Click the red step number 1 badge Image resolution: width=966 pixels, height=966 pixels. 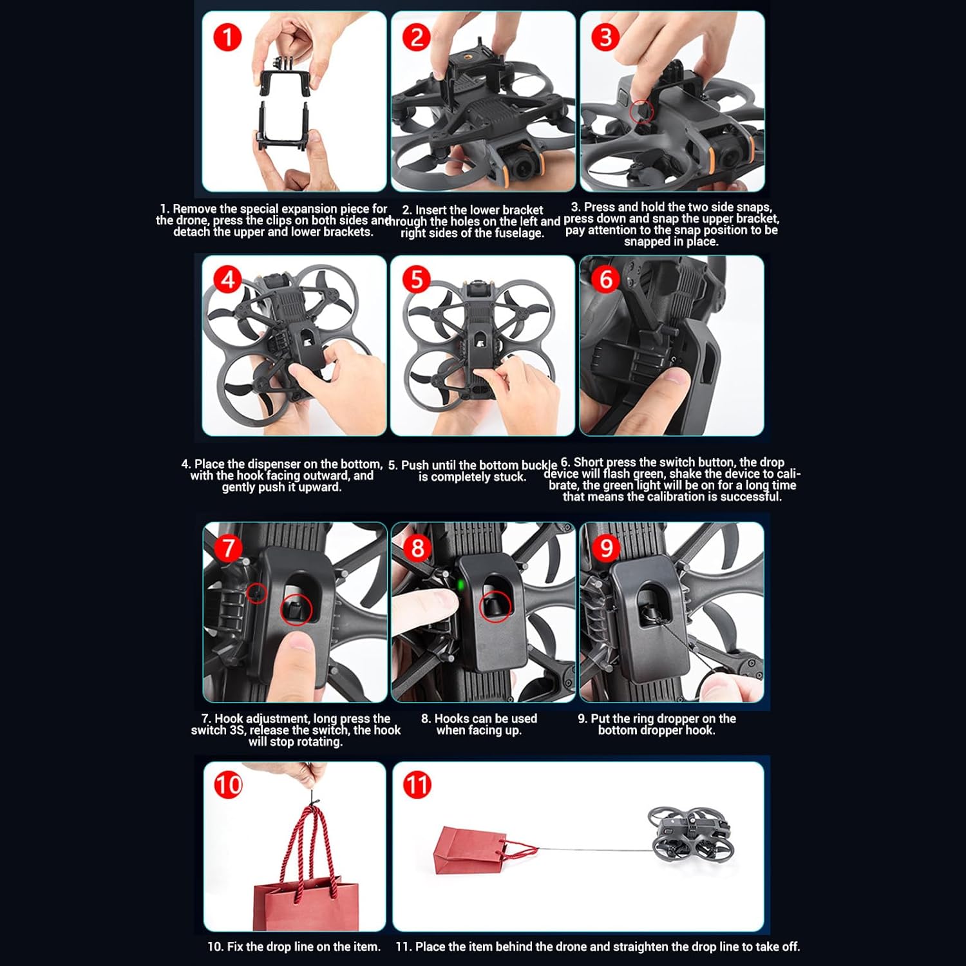[227, 37]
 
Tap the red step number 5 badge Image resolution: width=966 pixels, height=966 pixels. [416, 279]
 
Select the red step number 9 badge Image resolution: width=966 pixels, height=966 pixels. [606, 548]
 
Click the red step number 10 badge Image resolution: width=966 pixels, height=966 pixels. [228, 785]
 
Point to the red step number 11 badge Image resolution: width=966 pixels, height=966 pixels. [417, 785]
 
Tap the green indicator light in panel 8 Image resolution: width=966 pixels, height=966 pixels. [460, 585]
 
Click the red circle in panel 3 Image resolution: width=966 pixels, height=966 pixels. [641, 112]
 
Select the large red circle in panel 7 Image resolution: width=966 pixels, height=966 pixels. [296, 609]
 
